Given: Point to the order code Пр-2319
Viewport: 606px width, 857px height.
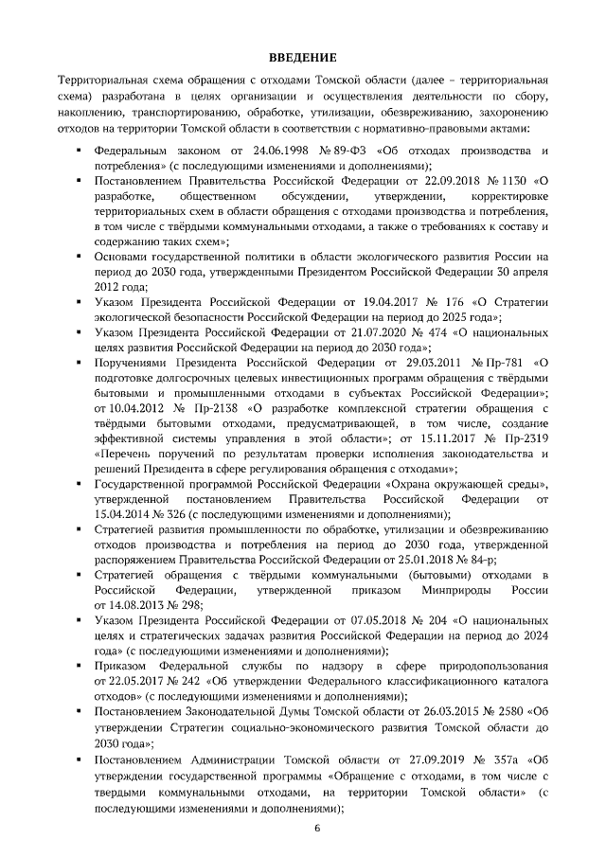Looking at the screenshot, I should (525, 438).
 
